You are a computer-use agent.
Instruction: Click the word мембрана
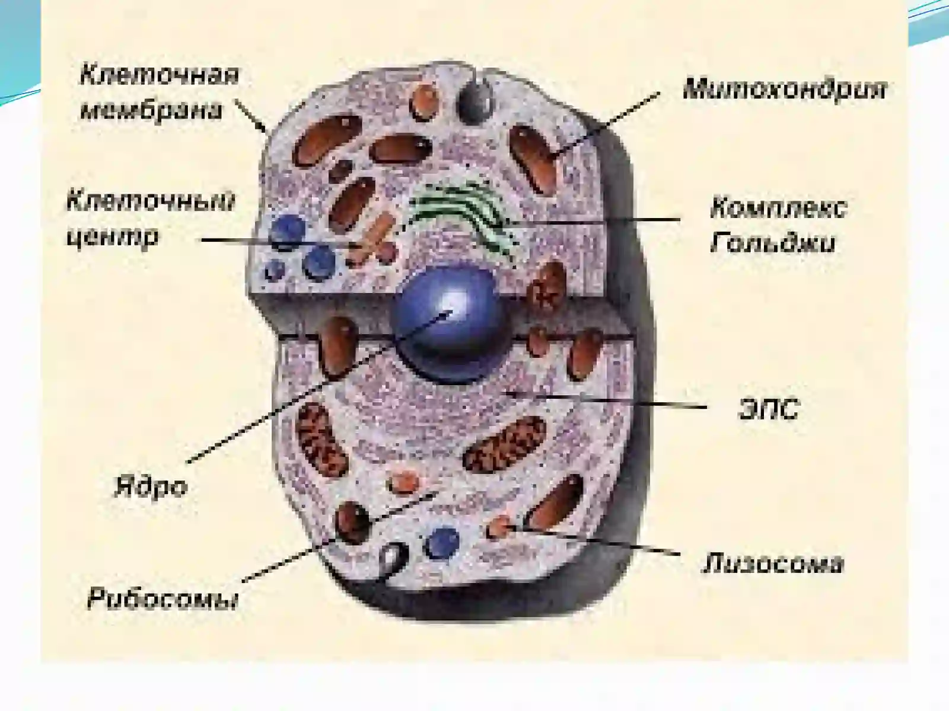[152, 110]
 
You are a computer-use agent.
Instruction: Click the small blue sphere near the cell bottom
[441, 542]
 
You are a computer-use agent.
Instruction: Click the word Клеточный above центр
[151, 202]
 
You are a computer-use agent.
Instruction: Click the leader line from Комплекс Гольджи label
[593, 220]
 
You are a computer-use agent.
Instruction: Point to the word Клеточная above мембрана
[160, 75]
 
